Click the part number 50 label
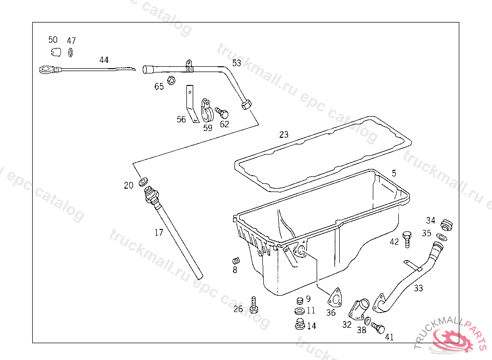[x=53, y=40]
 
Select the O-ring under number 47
[x=71, y=52]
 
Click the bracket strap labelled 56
[x=192, y=104]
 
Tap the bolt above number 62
[x=222, y=113]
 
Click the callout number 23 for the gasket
[x=284, y=135]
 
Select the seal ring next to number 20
[x=143, y=183]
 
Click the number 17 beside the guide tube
[x=159, y=233]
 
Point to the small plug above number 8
[x=235, y=261]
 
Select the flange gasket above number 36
[x=335, y=298]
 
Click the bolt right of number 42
[x=407, y=238]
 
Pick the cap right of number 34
[x=447, y=224]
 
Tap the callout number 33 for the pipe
[x=418, y=288]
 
